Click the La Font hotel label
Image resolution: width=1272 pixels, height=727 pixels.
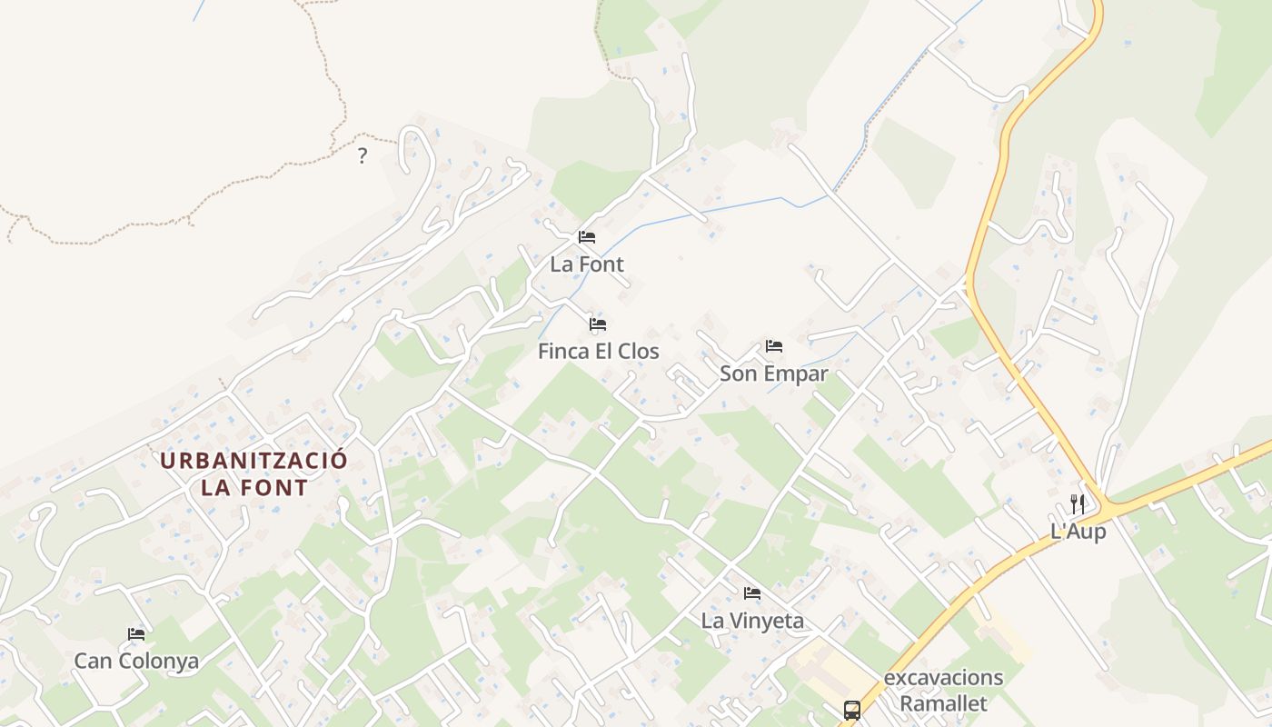pos(587,264)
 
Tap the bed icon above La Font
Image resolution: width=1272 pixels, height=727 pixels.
pos(587,237)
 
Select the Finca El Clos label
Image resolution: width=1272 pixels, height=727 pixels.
pos(598,352)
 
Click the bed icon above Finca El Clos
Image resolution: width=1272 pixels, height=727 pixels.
pos(598,324)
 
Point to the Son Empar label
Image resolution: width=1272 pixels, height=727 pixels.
pos(773,373)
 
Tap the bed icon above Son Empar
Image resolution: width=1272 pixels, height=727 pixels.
pos(774,345)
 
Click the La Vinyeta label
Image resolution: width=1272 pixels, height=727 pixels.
pos(752,621)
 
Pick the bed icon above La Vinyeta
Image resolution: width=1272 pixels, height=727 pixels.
pos(752,593)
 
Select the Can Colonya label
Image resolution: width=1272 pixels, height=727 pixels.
pos(136,661)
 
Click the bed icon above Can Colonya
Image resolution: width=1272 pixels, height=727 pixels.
pos(136,633)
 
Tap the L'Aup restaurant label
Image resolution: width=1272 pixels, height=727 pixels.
pos(1078,532)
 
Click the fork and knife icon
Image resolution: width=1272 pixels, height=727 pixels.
pos(1078,504)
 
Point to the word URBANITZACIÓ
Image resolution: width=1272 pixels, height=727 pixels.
pos(253,460)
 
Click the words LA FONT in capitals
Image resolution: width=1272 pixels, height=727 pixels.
pos(254,487)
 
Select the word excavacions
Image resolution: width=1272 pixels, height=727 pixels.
pos(943,678)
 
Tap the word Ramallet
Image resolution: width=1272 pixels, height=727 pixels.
pos(943,703)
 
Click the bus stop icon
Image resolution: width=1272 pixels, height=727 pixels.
pos(851,711)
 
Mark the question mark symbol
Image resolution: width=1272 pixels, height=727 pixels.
pos(362,155)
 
